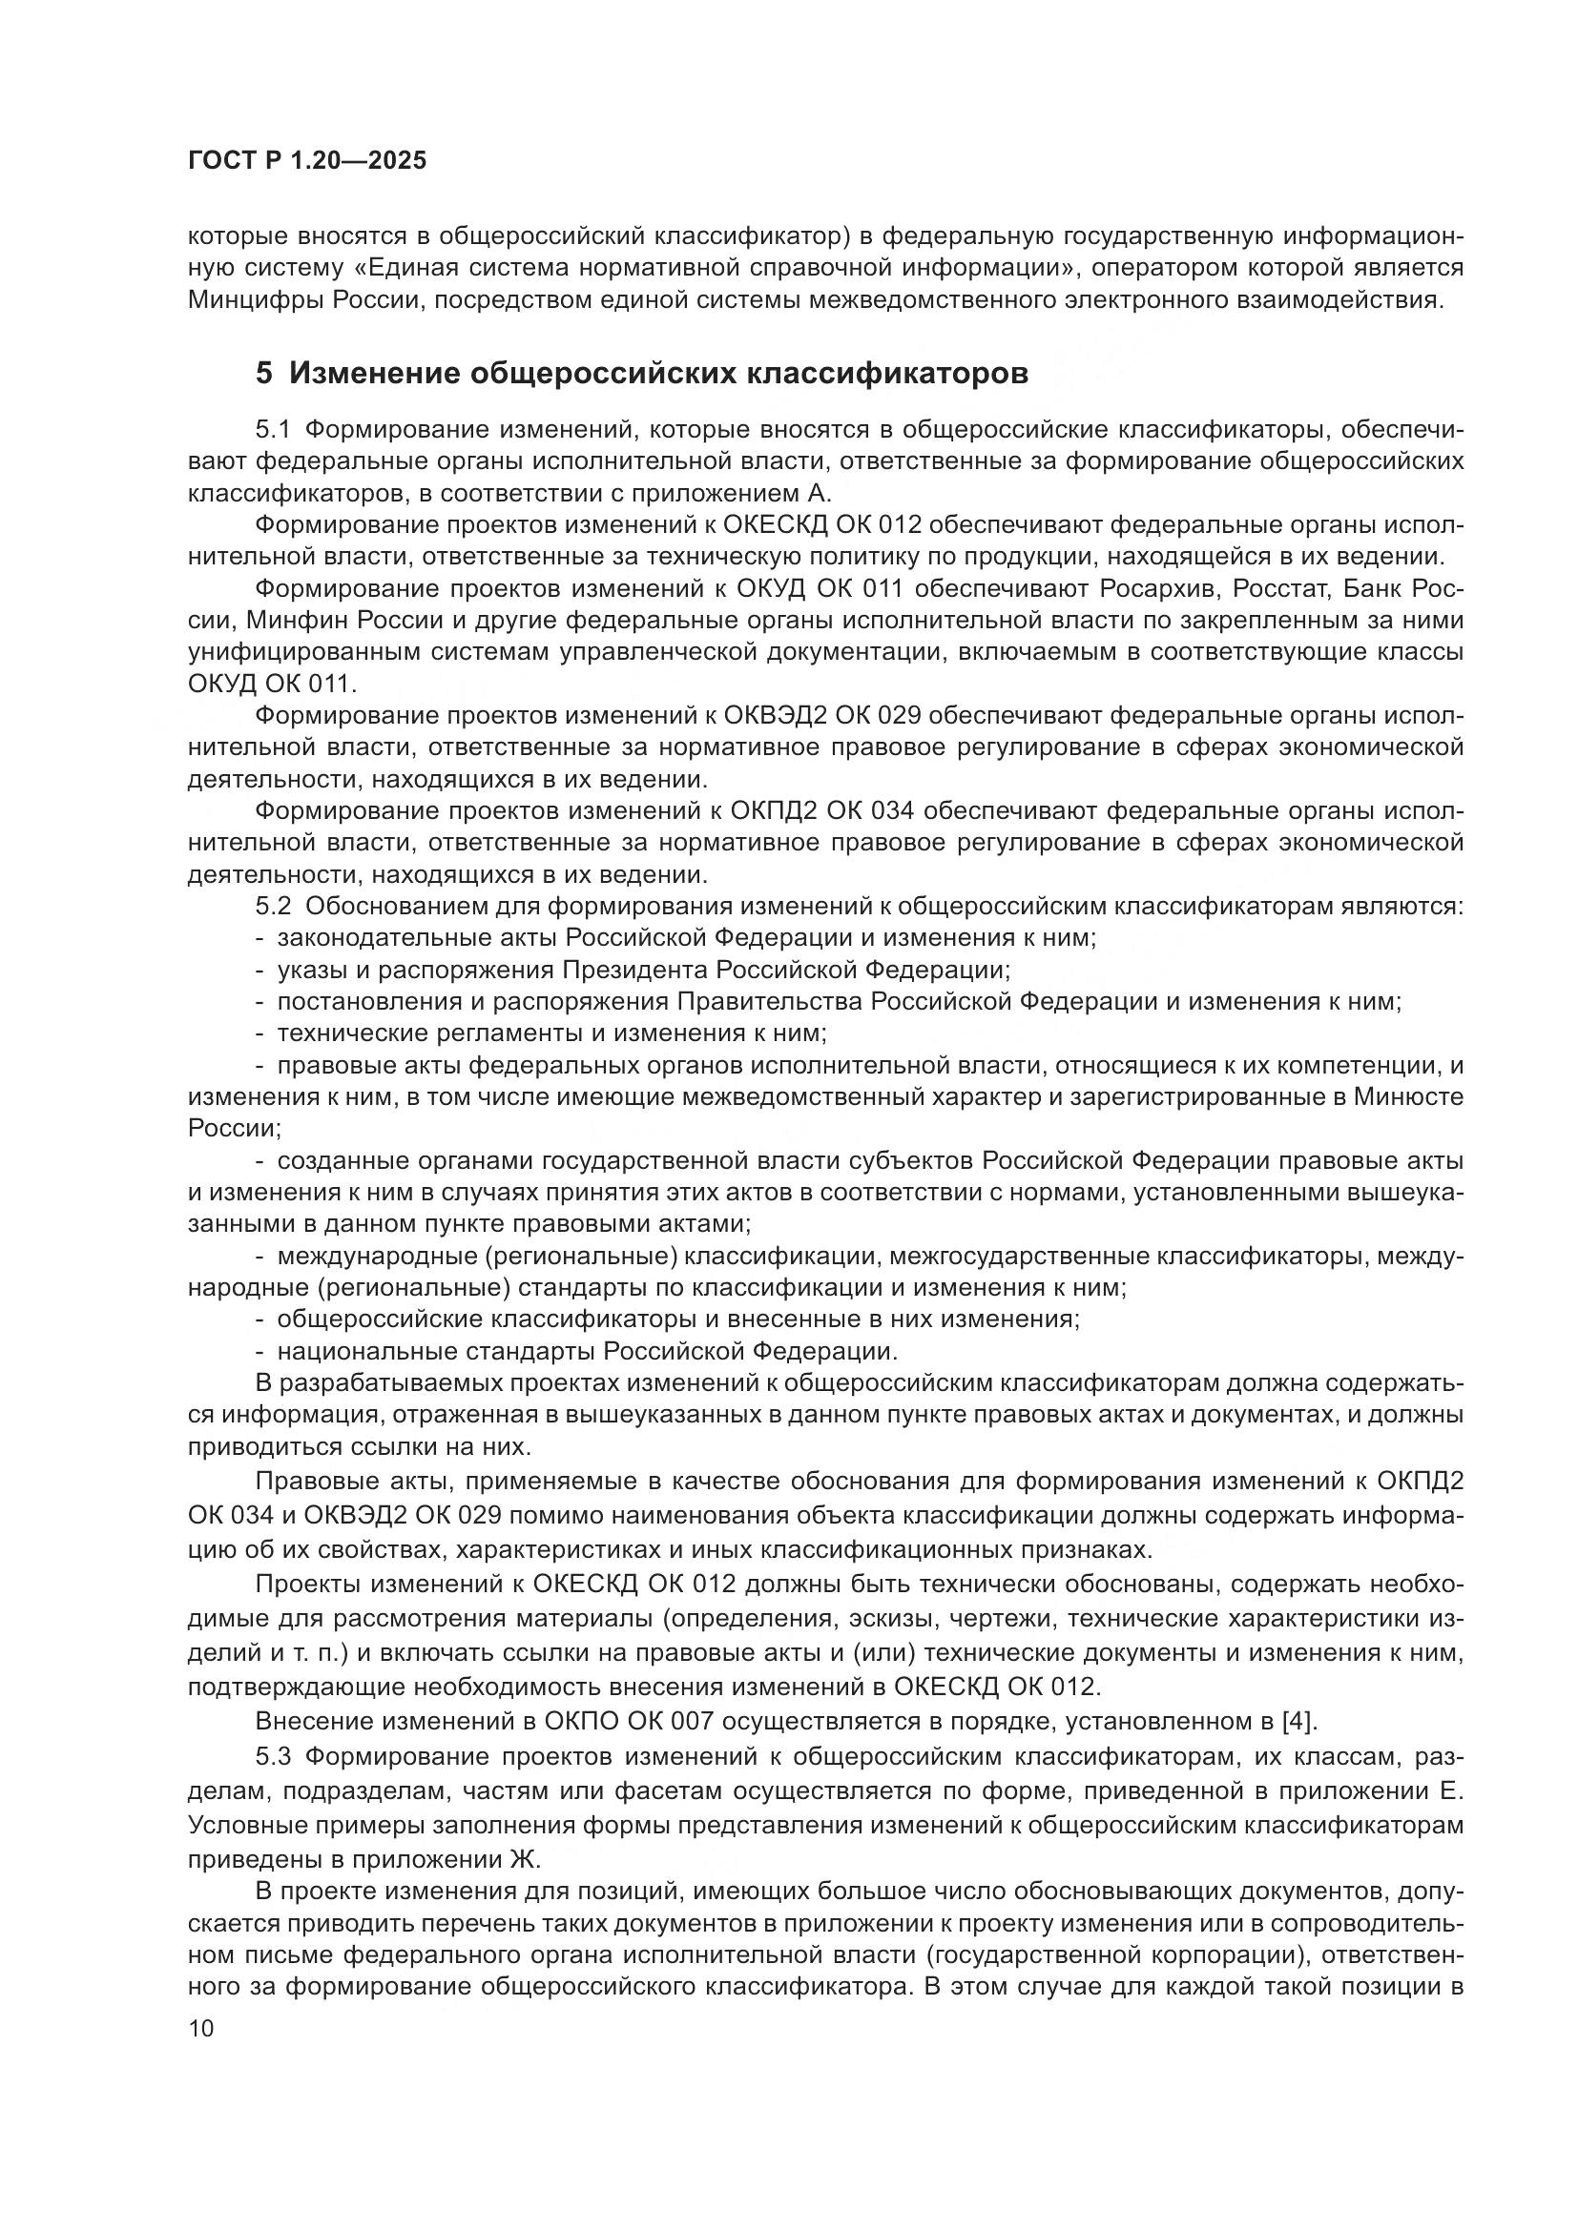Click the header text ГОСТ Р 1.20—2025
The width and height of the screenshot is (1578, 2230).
pos(307,161)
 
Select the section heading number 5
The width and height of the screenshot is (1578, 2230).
pos(263,374)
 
